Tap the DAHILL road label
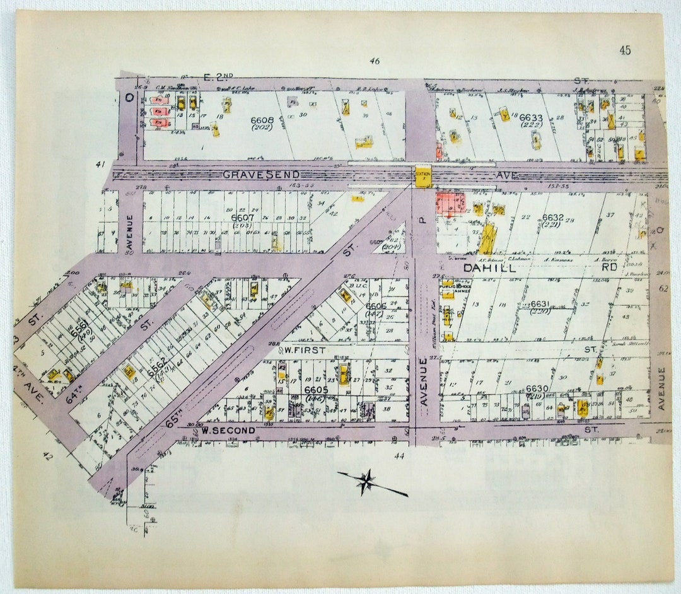(490, 267)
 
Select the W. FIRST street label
(305, 349)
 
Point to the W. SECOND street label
(228, 431)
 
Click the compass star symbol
(366, 482)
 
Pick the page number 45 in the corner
(625, 50)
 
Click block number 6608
(262, 119)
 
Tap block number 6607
(243, 218)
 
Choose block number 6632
(552, 218)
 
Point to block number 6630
(537, 388)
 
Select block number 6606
(376, 306)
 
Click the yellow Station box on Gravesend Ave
(422, 176)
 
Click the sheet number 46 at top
(375, 61)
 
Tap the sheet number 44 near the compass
(399, 455)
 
